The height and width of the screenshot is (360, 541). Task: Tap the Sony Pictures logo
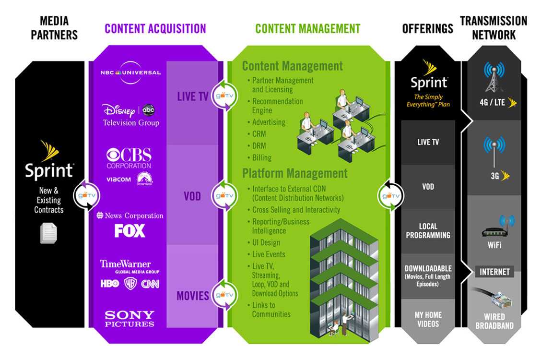[x=129, y=318]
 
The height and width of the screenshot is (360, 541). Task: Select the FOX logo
[x=129, y=231]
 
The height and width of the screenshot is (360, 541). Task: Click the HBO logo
[x=109, y=284]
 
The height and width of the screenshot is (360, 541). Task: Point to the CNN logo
[x=150, y=284]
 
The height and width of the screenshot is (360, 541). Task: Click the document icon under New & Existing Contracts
[x=48, y=233]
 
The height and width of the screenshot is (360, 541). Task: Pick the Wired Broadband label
[x=494, y=321]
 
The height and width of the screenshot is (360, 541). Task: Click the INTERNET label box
[x=494, y=272]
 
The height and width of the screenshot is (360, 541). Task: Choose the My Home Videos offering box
[x=428, y=319]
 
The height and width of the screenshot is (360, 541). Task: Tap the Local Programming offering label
[x=428, y=230]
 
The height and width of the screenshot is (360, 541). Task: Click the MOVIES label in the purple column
[x=192, y=296]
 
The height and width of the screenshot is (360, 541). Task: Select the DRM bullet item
[x=259, y=145]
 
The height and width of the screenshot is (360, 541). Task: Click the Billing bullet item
[x=261, y=157]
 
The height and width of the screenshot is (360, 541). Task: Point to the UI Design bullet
[x=266, y=242]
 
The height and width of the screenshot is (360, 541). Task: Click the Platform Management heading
[x=294, y=173]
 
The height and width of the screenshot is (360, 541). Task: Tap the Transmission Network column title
[x=494, y=28]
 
